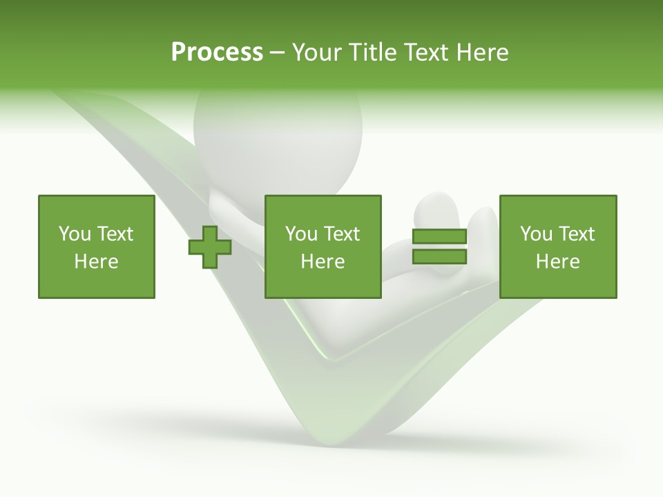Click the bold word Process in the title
pyautogui.click(x=217, y=52)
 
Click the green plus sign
pyautogui.click(x=210, y=247)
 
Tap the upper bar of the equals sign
pyautogui.click(x=439, y=237)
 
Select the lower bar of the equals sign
pyautogui.click(x=439, y=257)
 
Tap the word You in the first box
pyautogui.click(x=75, y=234)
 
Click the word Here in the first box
pyautogui.click(x=97, y=262)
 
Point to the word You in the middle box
pyautogui.click(x=301, y=234)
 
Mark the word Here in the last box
pyautogui.click(x=558, y=262)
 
